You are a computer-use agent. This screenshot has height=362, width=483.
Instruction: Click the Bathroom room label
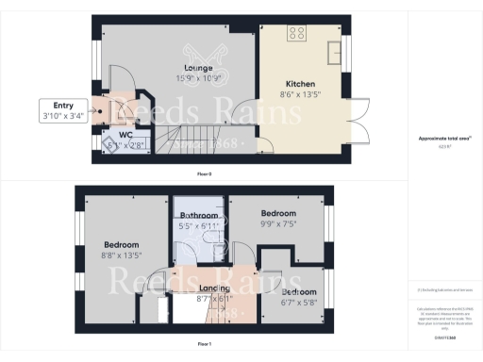[198, 217]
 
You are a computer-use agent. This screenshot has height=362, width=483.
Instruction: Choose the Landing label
[214, 288]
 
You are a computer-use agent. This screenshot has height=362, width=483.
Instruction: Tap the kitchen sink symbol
[335, 49]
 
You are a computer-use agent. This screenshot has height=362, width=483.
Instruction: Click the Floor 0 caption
[204, 175]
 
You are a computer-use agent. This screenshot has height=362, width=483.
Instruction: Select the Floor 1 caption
[204, 345]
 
